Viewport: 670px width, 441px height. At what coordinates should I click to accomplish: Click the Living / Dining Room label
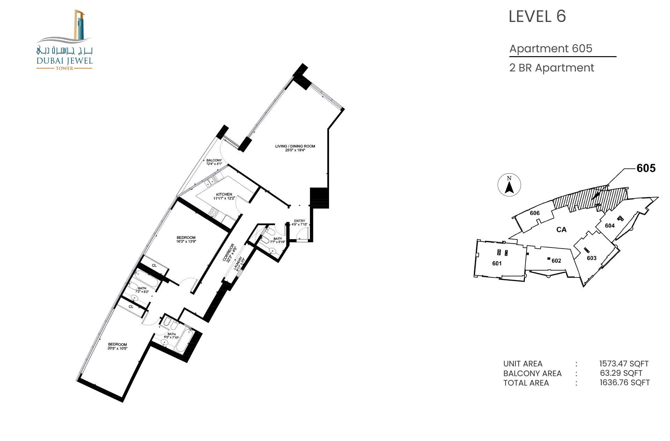[x=295, y=148]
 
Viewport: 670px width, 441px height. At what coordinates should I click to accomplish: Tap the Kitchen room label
[x=224, y=196]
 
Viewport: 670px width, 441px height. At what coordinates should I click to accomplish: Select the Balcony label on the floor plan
[x=214, y=162]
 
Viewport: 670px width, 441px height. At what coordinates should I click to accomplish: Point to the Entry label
[x=299, y=223]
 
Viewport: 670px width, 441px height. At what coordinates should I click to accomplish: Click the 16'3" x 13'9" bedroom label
[x=186, y=239]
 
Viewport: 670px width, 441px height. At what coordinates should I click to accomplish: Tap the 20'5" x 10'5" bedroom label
[x=117, y=346]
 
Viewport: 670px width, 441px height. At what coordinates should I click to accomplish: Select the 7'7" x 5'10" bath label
[x=277, y=240]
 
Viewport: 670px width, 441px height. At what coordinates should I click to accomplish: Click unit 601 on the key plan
[x=497, y=264]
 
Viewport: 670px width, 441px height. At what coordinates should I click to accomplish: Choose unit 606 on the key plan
[x=535, y=213]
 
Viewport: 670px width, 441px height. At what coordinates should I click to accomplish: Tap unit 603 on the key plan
[x=591, y=258]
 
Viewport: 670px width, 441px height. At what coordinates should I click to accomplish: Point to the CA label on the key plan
[x=561, y=230]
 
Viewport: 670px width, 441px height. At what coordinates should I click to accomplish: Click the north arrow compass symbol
[x=509, y=185]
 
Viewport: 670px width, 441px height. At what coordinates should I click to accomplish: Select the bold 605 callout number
[x=646, y=168]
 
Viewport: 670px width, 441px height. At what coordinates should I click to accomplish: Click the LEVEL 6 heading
[x=537, y=16]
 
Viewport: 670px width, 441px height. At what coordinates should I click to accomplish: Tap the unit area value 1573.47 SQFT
[x=624, y=364]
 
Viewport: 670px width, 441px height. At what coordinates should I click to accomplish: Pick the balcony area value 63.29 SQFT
[x=621, y=373]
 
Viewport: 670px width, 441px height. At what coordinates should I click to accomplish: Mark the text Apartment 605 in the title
[x=551, y=48]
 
